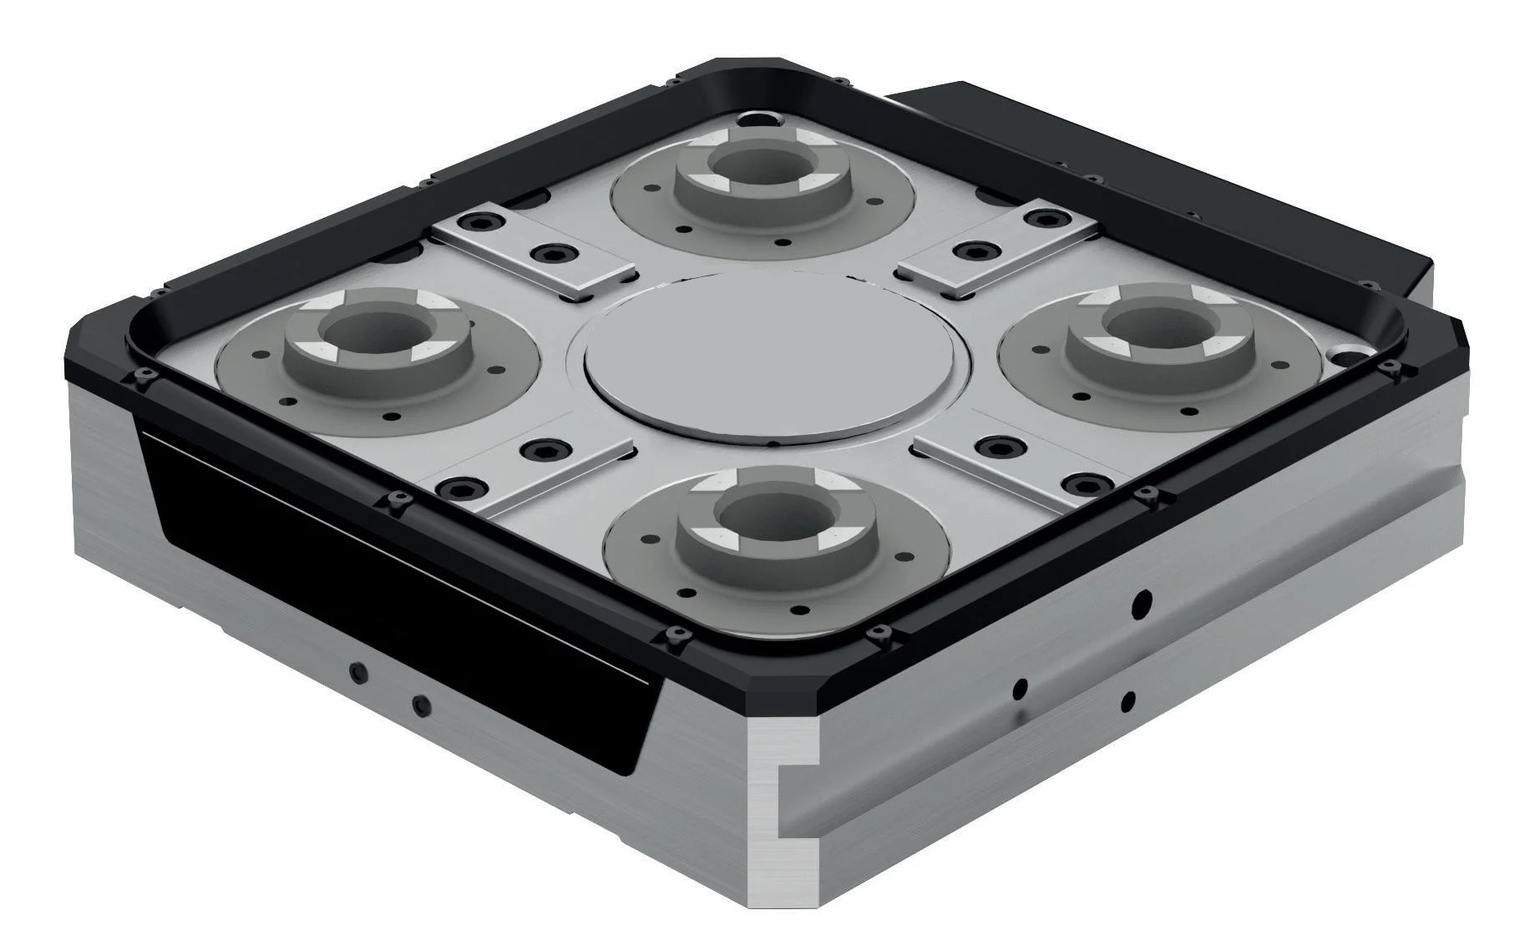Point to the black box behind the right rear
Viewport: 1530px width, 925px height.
(x=1169, y=167)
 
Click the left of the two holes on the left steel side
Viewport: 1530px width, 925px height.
(x=358, y=671)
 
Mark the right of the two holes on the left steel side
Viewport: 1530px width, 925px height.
(x=422, y=703)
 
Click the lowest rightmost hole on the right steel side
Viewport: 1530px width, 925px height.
(x=1128, y=700)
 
